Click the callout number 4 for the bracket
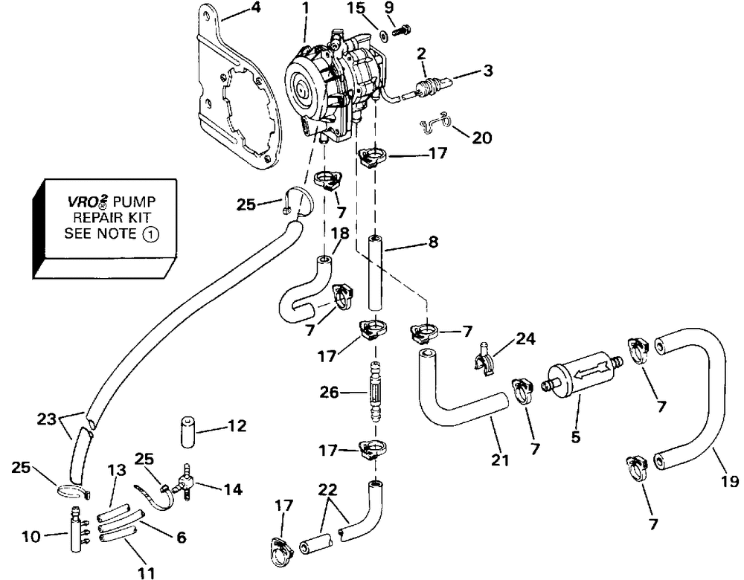pyautogui.click(x=256, y=9)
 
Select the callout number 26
pyautogui.click(x=329, y=393)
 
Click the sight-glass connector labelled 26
pyautogui.click(x=376, y=391)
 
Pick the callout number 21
pyautogui.click(x=500, y=460)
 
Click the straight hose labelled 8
pyautogui.click(x=375, y=273)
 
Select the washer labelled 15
pyautogui.click(x=382, y=34)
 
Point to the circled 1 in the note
pyautogui.click(x=150, y=234)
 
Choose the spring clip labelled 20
pyautogui.click(x=435, y=122)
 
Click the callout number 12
pyautogui.click(x=237, y=426)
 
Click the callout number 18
pyautogui.click(x=340, y=233)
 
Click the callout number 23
pyautogui.click(x=46, y=419)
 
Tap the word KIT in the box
pyautogui.click(x=138, y=218)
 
